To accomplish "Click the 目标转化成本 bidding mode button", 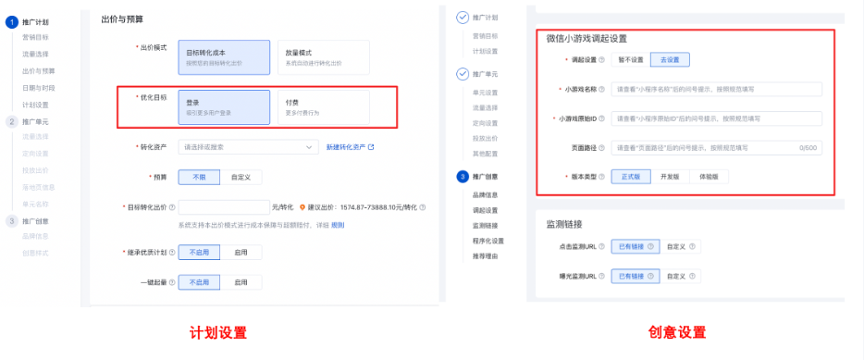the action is point(223,56).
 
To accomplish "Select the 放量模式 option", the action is point(323,56).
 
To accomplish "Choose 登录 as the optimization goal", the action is point(223,106).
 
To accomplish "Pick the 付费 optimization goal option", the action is point(323,106).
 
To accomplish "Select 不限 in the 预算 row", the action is point(200,176).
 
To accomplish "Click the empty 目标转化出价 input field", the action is point(223,206).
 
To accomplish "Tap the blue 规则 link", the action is point(338,225).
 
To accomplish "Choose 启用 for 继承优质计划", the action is point(241,252).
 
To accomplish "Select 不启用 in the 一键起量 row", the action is point(200,282).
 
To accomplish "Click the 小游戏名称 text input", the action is point(717,90).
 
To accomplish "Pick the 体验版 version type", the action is point(711,176).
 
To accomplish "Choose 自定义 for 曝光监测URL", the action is point(680,276).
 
